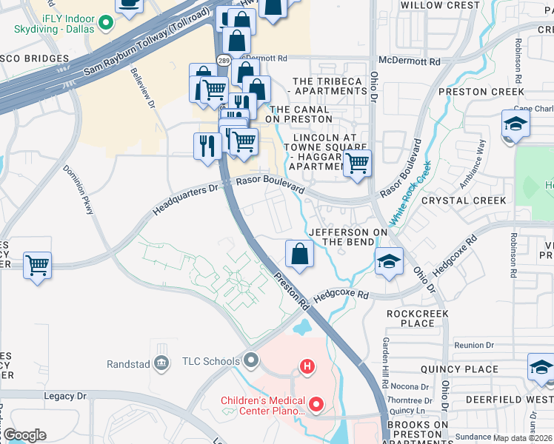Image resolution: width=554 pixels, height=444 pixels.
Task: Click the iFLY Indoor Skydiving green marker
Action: [105, 21]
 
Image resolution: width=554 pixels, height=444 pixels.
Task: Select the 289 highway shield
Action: [222, 58]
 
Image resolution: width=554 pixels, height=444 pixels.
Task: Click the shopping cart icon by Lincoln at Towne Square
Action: [357, 164]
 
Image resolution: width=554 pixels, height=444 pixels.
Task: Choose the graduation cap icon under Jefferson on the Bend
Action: [388, 262]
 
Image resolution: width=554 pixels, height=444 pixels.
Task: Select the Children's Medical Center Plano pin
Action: [316, 404]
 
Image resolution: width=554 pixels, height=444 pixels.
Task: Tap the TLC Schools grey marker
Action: [252, 361]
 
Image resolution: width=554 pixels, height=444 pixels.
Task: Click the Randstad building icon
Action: [161, 363]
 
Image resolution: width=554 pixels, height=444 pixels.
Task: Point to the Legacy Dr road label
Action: [65, 396]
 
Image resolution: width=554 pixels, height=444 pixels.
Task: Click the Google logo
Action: [24, 435]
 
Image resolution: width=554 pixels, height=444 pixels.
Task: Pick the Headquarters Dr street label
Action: [186, 199]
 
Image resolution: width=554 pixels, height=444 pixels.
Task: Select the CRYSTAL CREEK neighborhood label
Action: [464, 201]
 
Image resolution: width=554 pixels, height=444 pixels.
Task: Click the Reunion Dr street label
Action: [473, 345]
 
